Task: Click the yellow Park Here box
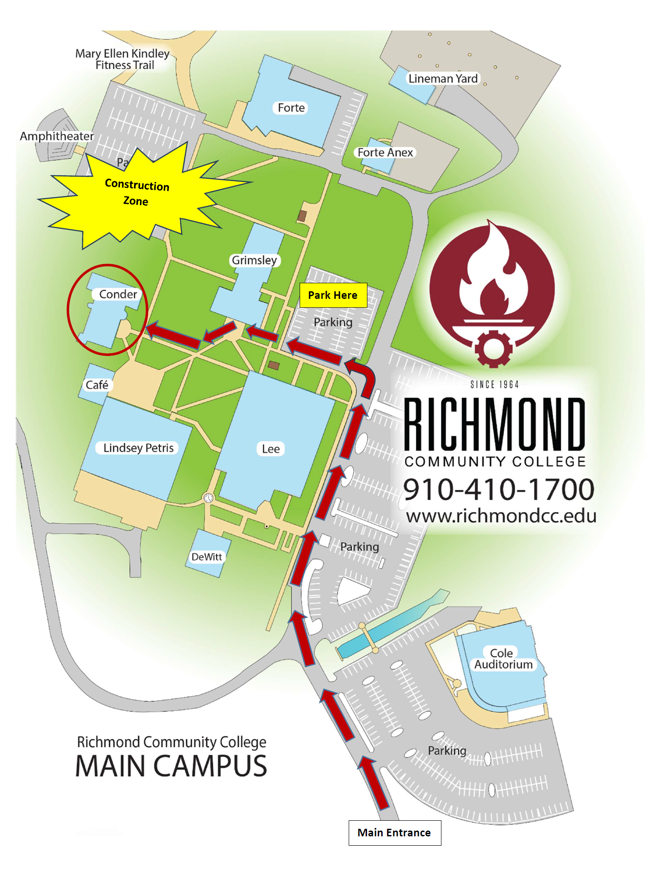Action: [x=333, y=295]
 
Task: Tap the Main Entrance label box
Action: [x=394, y=832]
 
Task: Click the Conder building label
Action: [x=118, y=294]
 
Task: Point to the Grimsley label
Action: [x=254, y=260]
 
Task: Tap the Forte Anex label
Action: [x=385, y=153]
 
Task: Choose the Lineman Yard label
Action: [x=443, y=79]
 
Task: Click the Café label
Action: [x=97, y=385]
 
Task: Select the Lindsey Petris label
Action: [x=138, y=448]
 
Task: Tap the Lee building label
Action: [x=271, y=449]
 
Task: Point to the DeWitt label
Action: [x=206, y=557]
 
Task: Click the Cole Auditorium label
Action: [x=503, y=659]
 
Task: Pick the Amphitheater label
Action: [x=57, y=136]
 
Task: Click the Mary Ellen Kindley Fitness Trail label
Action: [x=122, y=59]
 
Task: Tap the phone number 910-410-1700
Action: [x=498, y=489]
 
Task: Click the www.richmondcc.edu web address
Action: [x=501, y=516]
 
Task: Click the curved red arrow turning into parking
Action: [x=362, y=375]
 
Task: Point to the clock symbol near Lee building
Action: [x=208, y=498]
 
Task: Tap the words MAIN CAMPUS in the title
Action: [x=171, y=766]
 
